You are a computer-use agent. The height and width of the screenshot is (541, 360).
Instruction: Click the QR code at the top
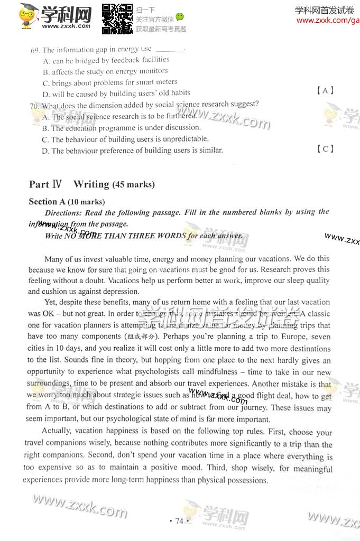[x=117, y=18]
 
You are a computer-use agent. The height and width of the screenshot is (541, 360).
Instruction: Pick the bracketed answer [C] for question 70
[x=328, y=149]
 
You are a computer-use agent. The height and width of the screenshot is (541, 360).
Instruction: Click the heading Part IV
[x=45, y=184]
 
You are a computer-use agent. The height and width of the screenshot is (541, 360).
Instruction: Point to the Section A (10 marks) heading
[x=67, y=202]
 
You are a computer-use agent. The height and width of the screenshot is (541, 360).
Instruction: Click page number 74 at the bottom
[x=179, y=521]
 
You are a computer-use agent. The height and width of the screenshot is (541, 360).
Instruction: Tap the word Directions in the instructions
[x=69, y=212]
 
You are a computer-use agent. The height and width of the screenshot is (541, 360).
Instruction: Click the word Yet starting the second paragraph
[x=51, y=303]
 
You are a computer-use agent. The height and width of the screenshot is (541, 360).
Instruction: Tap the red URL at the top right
[x=328, y=21]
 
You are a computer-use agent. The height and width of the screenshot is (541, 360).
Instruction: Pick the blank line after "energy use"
[x=170, y=50]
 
